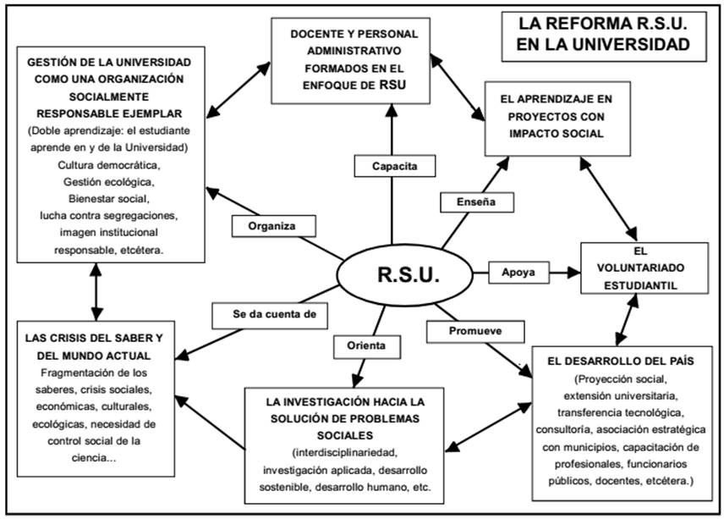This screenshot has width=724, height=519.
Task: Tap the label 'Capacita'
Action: [x=394, y=166]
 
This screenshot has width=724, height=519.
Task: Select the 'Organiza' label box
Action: [x=271, y=226]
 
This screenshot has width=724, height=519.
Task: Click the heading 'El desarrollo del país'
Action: [x=621, y=361]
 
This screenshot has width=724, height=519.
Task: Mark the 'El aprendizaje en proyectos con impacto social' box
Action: [x=557, y=117]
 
